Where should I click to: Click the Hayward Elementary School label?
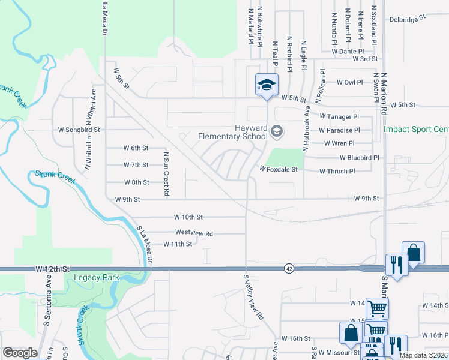232,131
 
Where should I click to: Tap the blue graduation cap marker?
267,85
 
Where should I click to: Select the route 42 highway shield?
289,269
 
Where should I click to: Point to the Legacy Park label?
96,278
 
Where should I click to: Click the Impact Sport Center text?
415,129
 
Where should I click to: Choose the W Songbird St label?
79,130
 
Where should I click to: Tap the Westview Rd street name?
194,233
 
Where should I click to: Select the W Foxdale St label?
279,170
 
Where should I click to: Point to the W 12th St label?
53,269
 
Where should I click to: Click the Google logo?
20,353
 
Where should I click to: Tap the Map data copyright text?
424,355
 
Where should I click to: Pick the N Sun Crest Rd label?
166,173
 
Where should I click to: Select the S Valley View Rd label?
253,296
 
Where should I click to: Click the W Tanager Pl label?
339,116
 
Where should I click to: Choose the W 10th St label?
189,217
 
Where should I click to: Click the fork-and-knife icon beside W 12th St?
396,265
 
